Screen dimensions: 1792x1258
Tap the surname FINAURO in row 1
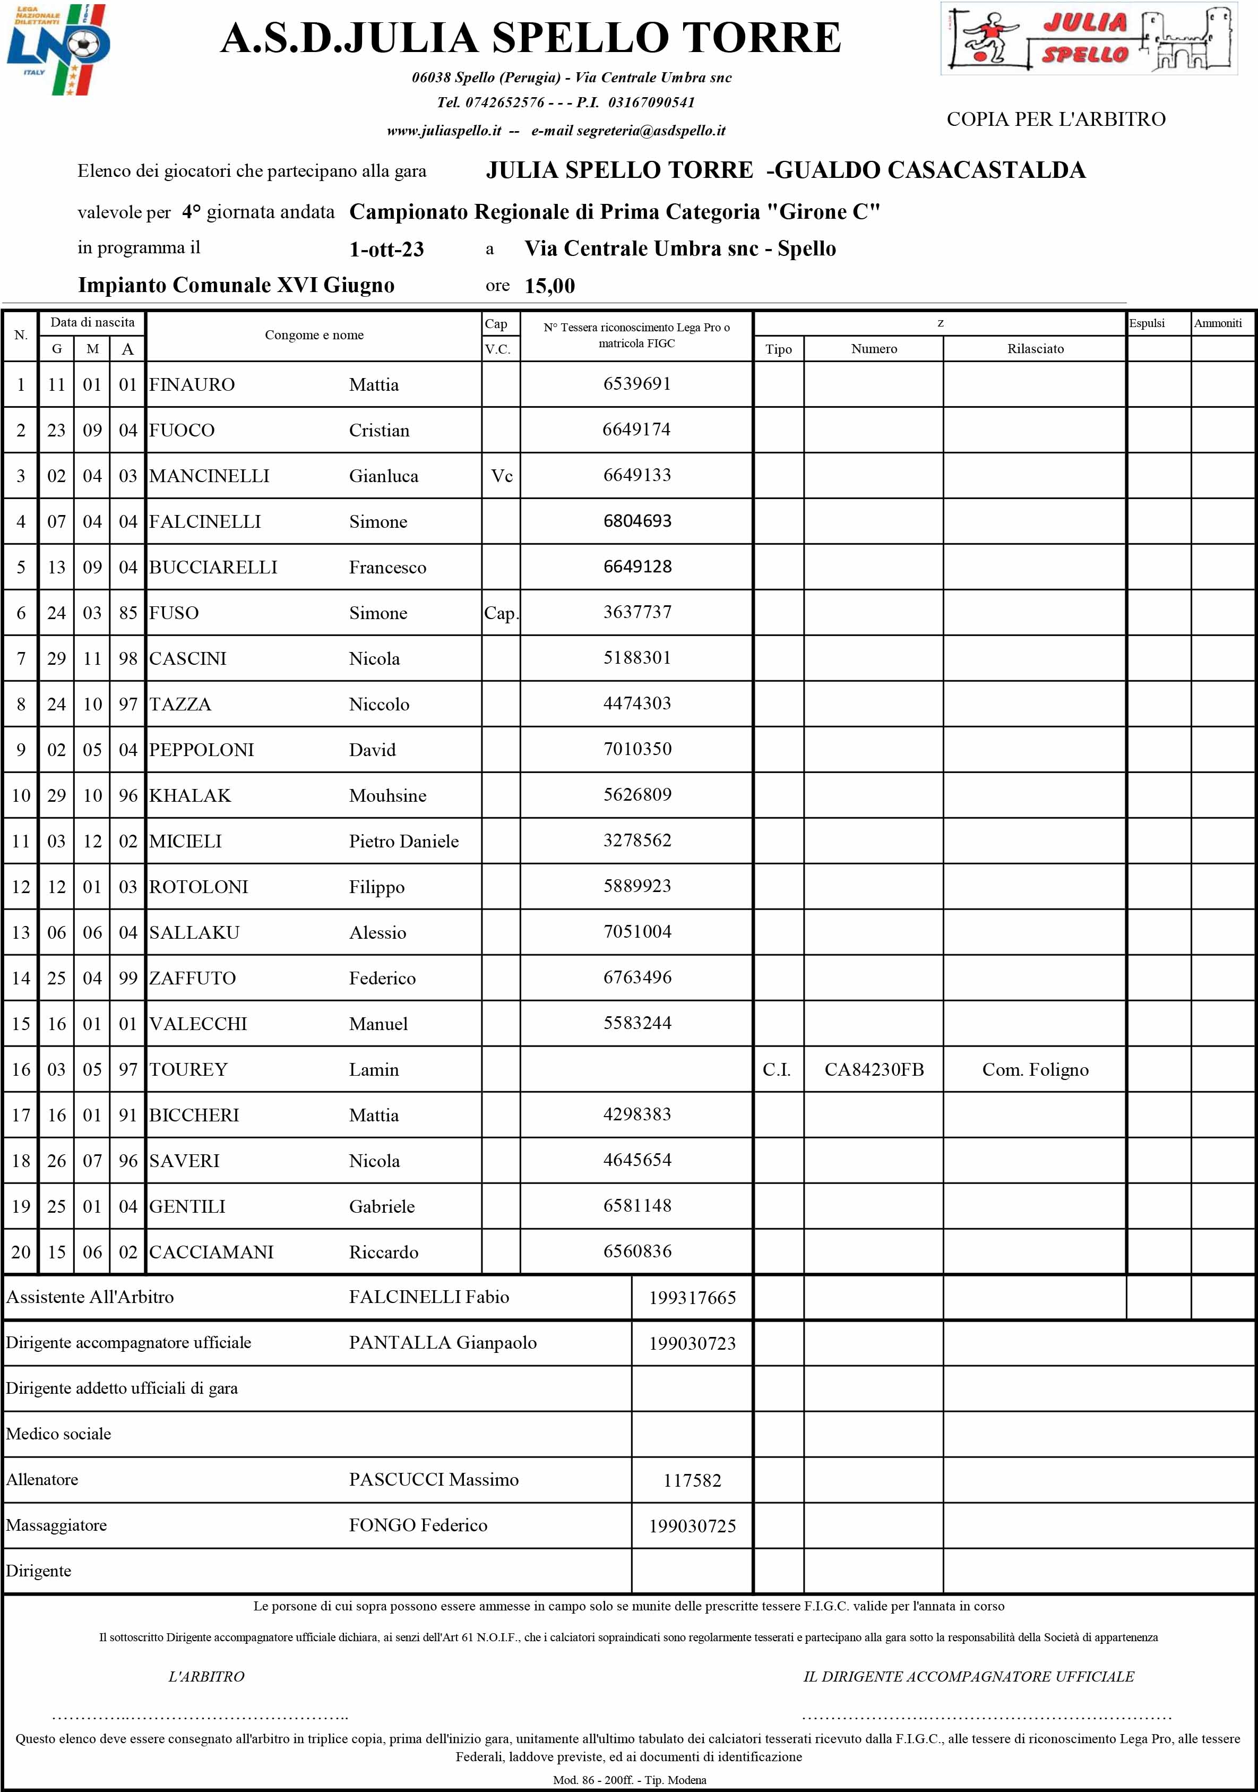tap(192, 385)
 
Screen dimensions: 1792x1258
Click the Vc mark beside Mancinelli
tap(502, 476)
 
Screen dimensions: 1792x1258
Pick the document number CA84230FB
tap(874, 1069)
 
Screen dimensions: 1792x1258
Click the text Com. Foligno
tap(1035, 1069)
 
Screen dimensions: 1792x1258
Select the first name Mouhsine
tap(388, 795)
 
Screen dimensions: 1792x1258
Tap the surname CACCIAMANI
tap(211, 1252)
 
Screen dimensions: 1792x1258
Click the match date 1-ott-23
tap(386, 250)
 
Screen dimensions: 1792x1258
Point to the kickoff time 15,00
tap(549, 286)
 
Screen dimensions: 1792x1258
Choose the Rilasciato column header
tap(1035, 349)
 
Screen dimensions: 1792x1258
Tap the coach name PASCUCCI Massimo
tap(433, 1480)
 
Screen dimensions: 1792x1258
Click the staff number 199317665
tap(692, 1298)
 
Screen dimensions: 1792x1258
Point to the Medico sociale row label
tap(58, 1434)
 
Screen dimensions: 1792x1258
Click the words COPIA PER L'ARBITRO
tap(1056, 119)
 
